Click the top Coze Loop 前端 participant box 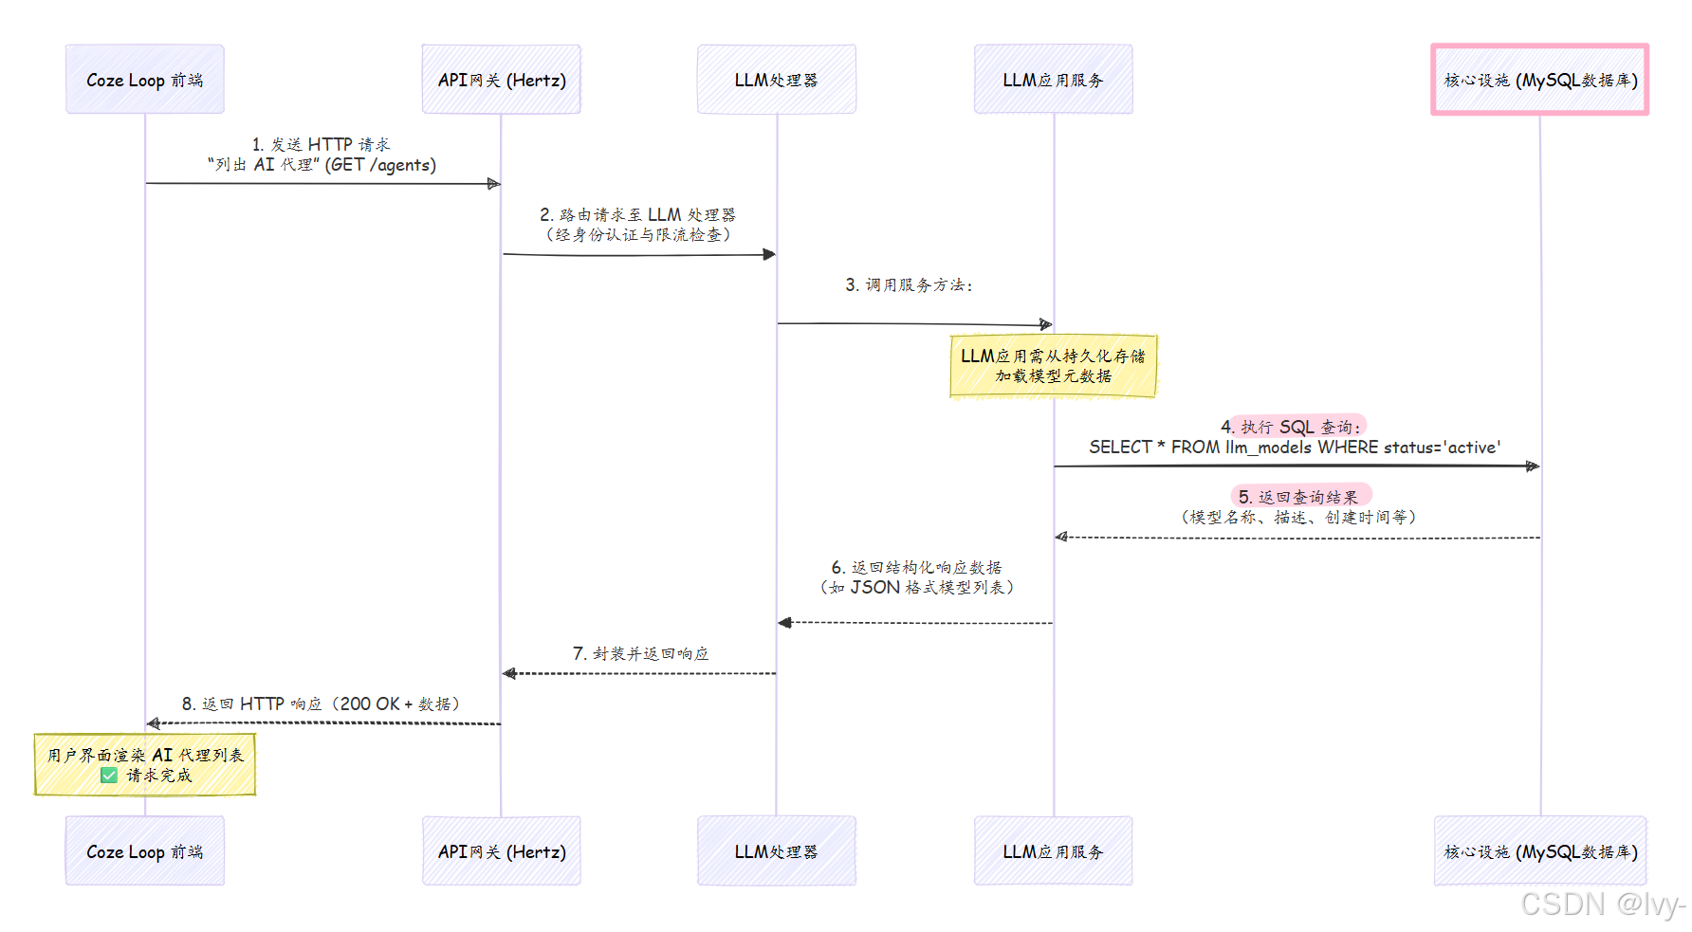(145, 80)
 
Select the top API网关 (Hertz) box (501, 80)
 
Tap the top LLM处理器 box (776, 80)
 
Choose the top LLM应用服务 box (1053, 80)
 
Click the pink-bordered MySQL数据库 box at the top (1539, 80)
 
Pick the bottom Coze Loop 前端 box (145, 850)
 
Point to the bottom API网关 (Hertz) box (501, 850)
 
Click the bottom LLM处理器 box (776, 850)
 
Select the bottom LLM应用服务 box (1053, 850)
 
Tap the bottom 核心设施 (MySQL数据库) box (1539, 850)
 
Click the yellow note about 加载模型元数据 (1053, 366)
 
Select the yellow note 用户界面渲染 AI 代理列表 (145, 764)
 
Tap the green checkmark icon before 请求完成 (109, 776)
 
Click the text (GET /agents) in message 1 (380, 165)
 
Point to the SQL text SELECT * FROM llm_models (1295, 448)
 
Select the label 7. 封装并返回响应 (640, 653)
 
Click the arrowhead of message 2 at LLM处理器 (769, 254)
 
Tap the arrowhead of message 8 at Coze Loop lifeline (154, 723)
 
